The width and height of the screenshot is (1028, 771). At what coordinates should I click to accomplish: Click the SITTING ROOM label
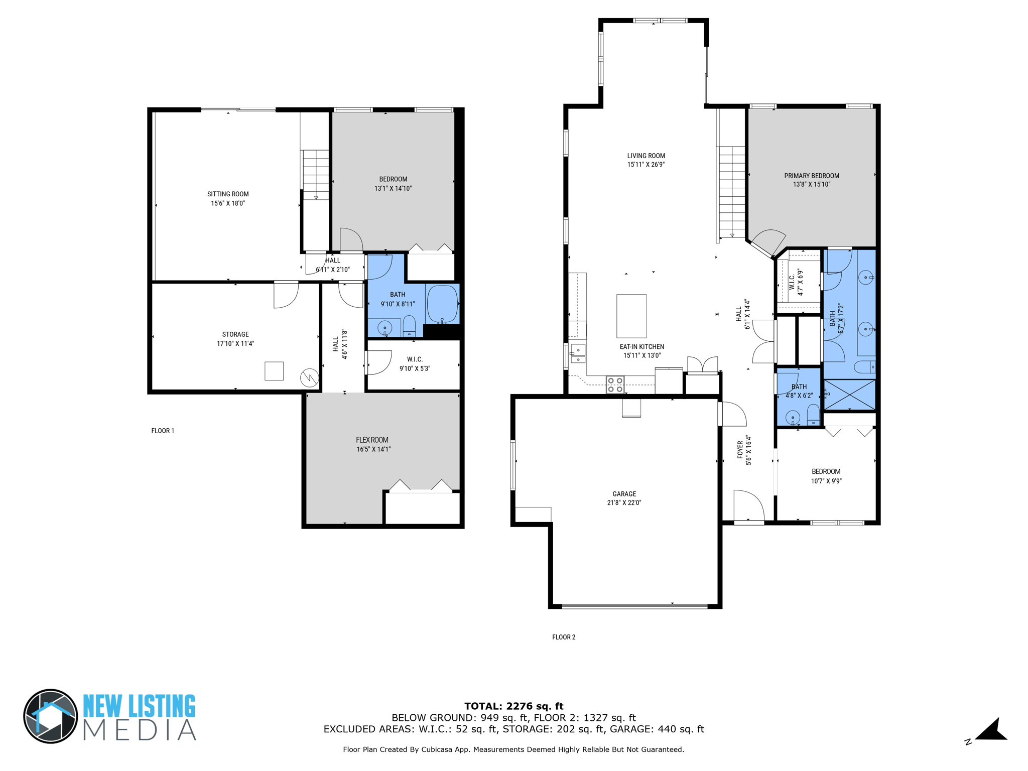click(x=228, y=199)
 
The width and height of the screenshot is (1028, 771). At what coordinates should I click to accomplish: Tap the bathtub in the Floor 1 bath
click(x=442, y=304)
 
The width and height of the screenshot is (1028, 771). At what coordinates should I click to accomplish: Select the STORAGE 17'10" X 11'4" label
click(x=235, y=339)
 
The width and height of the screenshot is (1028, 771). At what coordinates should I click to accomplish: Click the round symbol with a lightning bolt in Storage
click(x=309, y=377)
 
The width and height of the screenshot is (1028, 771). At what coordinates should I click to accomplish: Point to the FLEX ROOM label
click(x=373, y=444)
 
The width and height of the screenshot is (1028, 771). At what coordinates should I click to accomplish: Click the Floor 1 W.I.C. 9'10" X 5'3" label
click(x=415, y=364)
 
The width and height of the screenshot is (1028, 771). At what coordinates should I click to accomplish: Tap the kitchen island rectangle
click(x=631, y=316)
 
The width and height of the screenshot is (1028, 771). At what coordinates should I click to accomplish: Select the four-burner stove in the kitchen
click(x=615, y=385)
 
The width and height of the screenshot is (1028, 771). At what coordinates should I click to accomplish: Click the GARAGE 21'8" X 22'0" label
click(x=624, y=498)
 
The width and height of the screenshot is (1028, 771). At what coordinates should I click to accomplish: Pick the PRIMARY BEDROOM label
click(x=812, y=180)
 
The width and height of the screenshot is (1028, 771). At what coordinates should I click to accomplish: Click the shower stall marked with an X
click(x=849, y=395)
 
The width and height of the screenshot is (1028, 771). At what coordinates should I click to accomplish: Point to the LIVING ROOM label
click(x=646, y=160)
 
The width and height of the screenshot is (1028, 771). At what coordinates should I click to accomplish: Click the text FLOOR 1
click(x=163, y=431)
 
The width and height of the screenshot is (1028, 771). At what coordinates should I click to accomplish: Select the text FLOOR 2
click(x=564, y=637)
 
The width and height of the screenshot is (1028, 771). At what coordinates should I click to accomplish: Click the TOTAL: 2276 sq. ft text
click(x=513, y=706)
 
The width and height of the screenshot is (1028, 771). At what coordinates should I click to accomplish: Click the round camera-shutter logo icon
click(x=51, y=716)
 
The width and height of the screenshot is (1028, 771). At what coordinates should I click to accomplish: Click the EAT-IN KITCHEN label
click(x=641, y=351)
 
